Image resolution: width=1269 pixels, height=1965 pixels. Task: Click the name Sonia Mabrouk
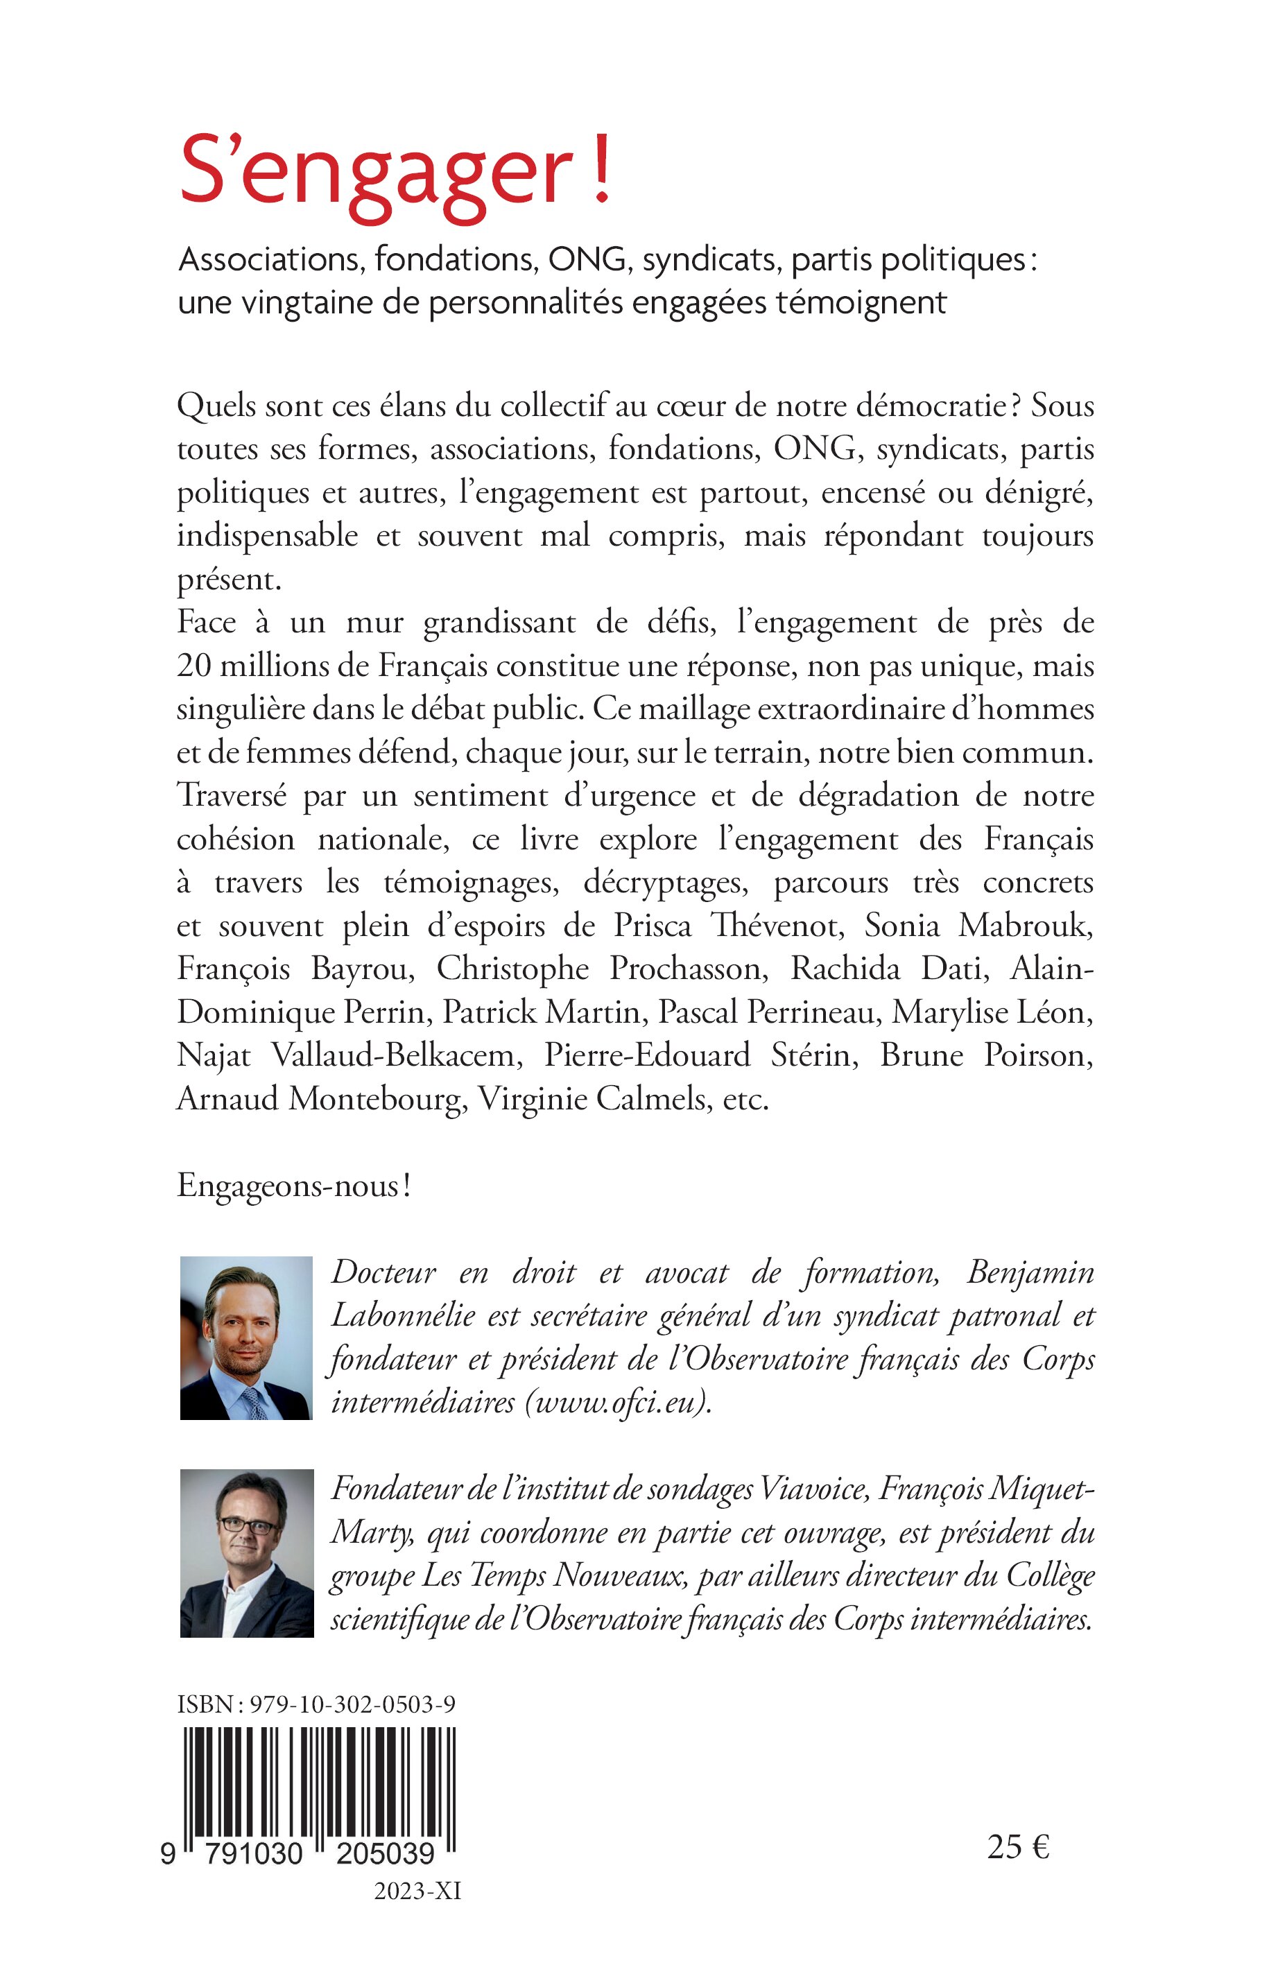pos(978,926)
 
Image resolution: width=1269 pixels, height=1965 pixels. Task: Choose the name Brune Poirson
pos(986,1055)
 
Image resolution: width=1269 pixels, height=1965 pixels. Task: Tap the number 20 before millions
pos(194,666)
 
